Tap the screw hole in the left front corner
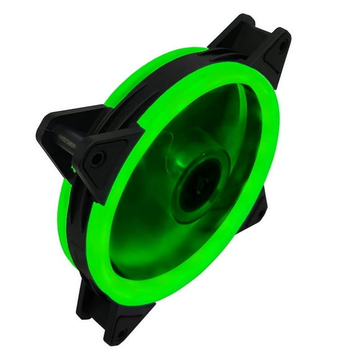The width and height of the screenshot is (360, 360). coord(97,158)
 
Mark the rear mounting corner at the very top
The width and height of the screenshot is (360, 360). coord(239,28)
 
